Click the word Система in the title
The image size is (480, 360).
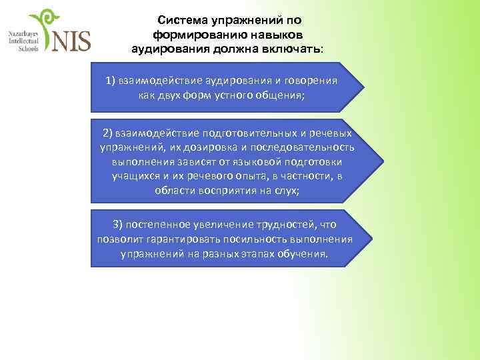[176, 20]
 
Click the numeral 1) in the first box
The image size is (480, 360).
[111, 81]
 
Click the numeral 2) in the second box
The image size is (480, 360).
[109, 133]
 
